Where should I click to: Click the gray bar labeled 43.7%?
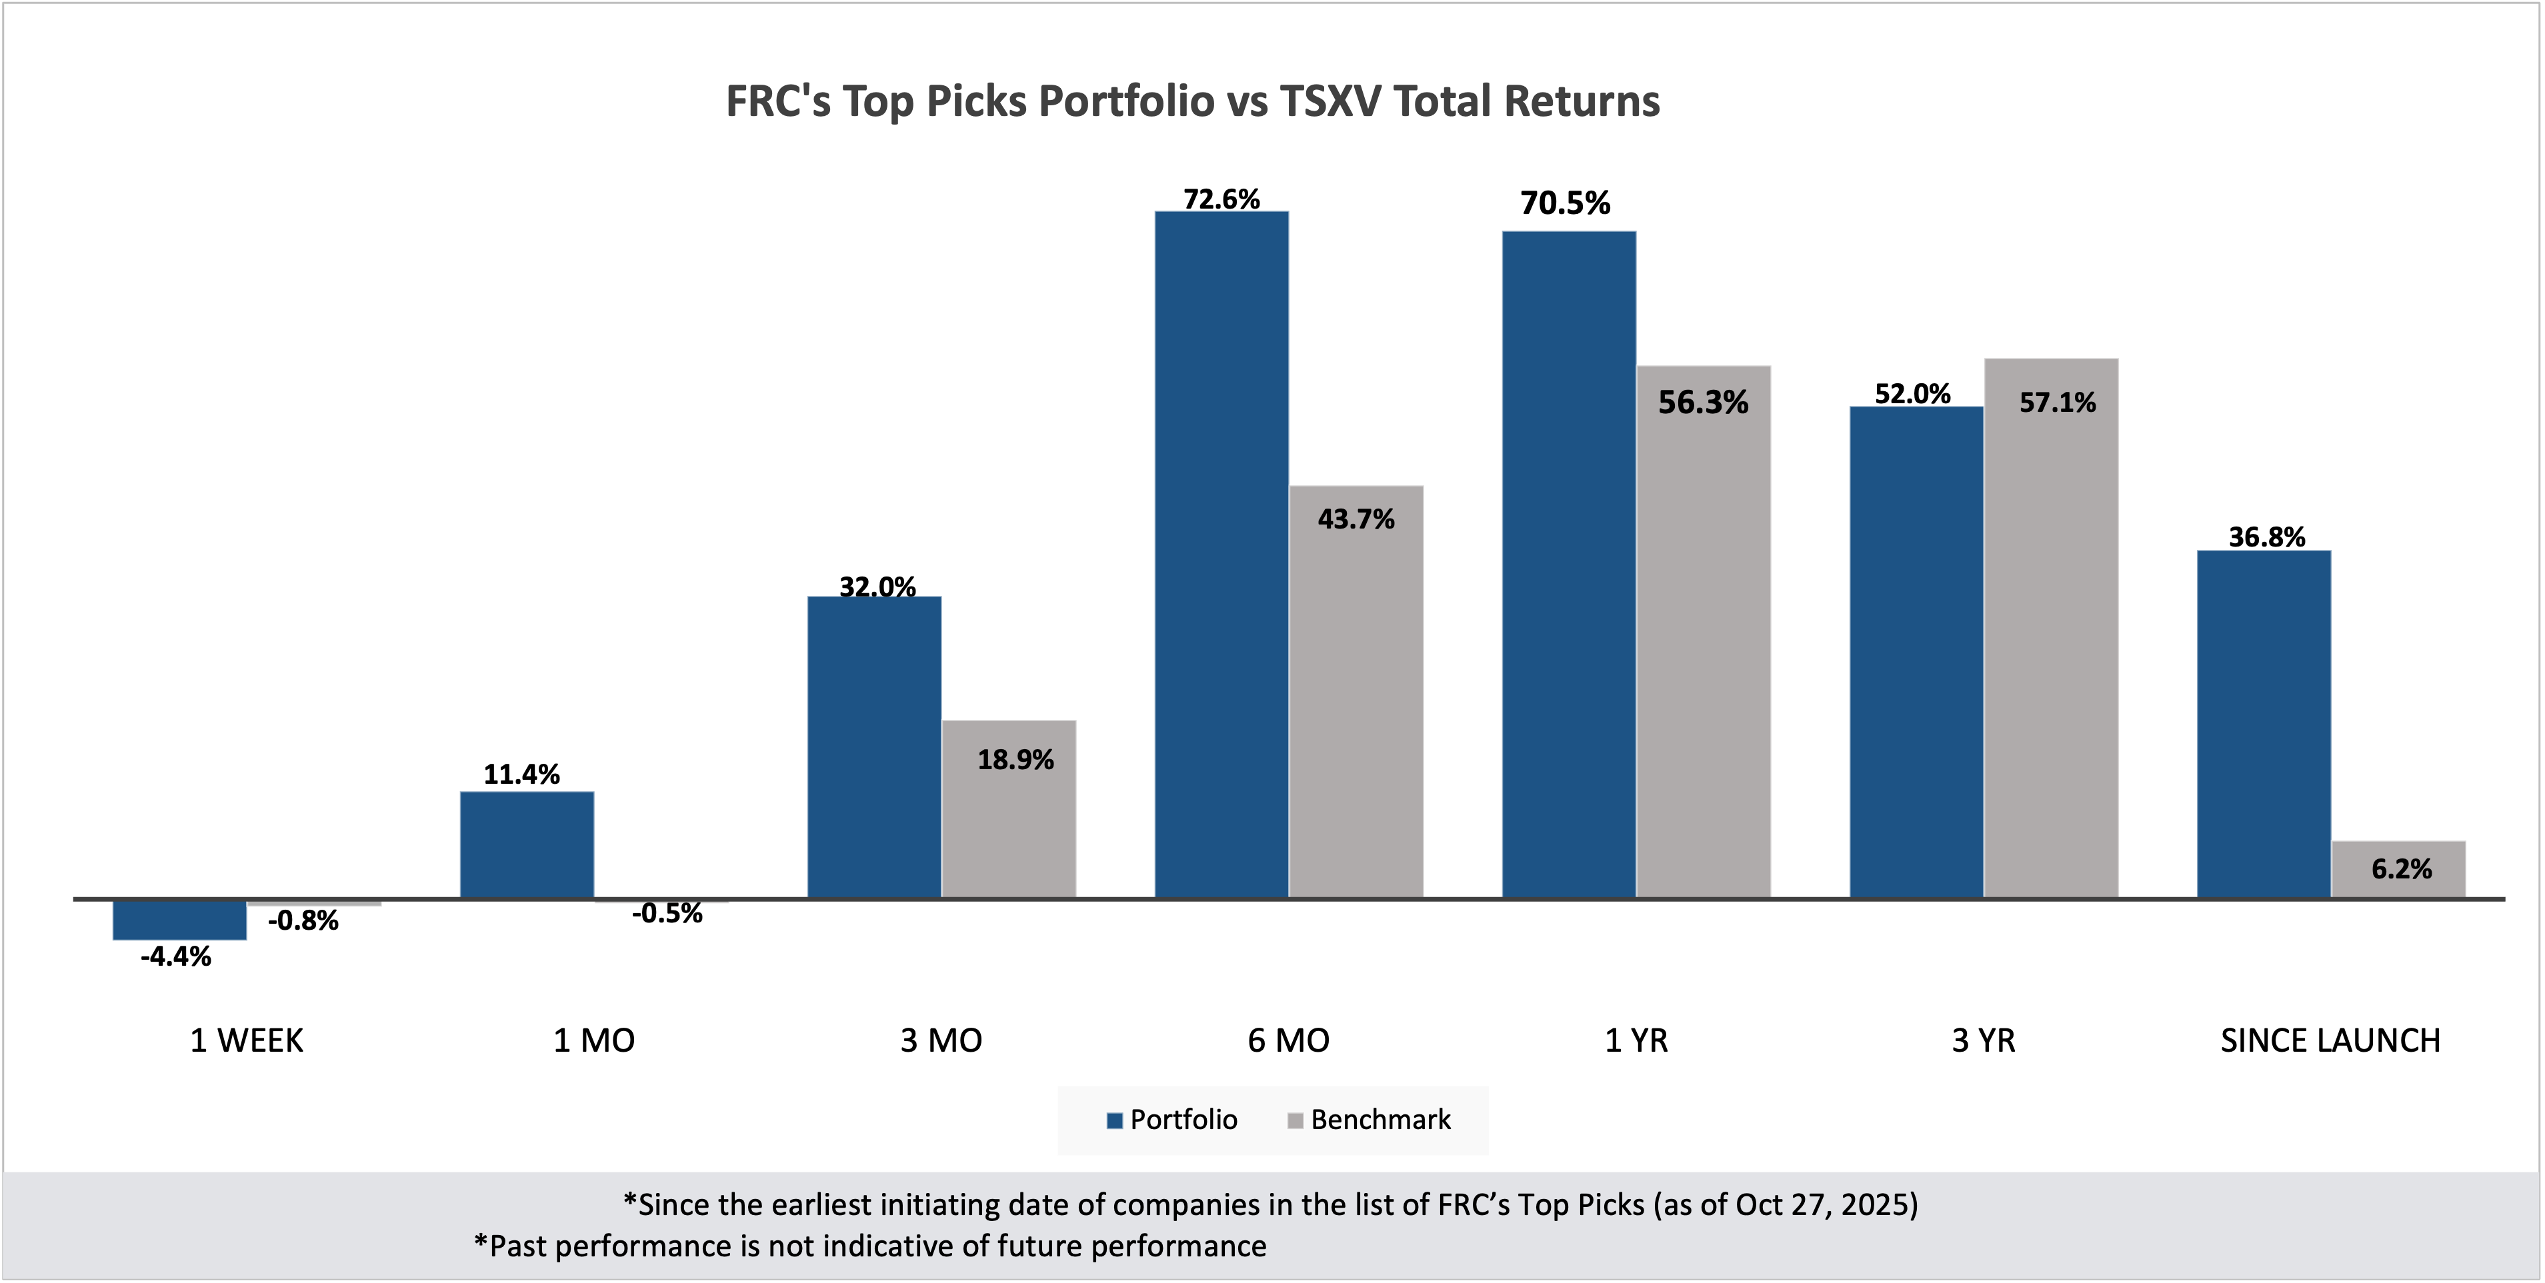click(1356, 691)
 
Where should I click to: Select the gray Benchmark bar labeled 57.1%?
click(2051, 632)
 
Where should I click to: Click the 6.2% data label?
click(2401, 869)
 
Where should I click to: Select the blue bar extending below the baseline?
click(180, 920)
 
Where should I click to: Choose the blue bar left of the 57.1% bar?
click(1916, 652)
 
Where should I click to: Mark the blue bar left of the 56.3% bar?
click(1569, 563)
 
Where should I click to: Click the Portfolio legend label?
click(1183, 1120)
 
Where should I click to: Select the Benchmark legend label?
click(1380, 1120)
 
